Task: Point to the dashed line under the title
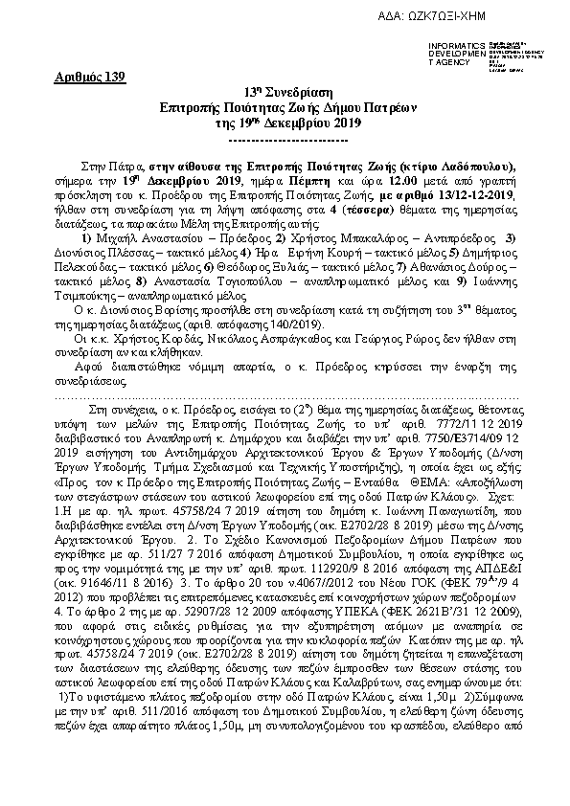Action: point(285,137)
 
